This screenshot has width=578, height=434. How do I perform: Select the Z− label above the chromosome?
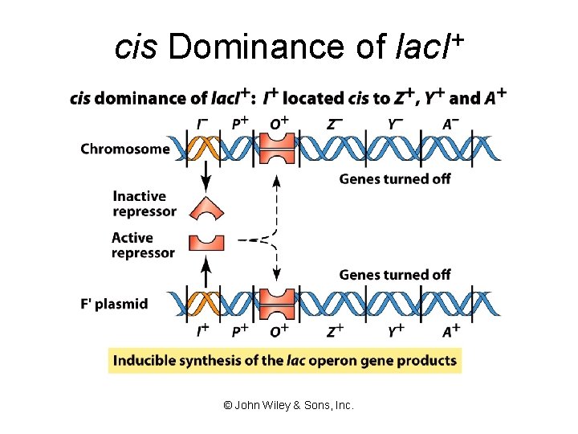(x=336, y=124)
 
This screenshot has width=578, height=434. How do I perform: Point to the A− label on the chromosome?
(x=451, y=124)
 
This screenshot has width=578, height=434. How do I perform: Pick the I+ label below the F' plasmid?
(x=202, y=331)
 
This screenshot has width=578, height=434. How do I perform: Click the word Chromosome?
(x=125, y=149)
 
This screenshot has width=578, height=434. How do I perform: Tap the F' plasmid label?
(x=114, y=304)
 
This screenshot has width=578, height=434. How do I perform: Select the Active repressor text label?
(x=143, y=245)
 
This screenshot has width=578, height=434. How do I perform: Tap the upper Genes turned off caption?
(x=395, y=179)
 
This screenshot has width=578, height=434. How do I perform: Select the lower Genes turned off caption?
(x=395, y=275)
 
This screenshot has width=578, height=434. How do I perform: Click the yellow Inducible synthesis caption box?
(x=285, y=360)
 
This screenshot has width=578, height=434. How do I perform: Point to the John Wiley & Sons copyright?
(x=288, y=406)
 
